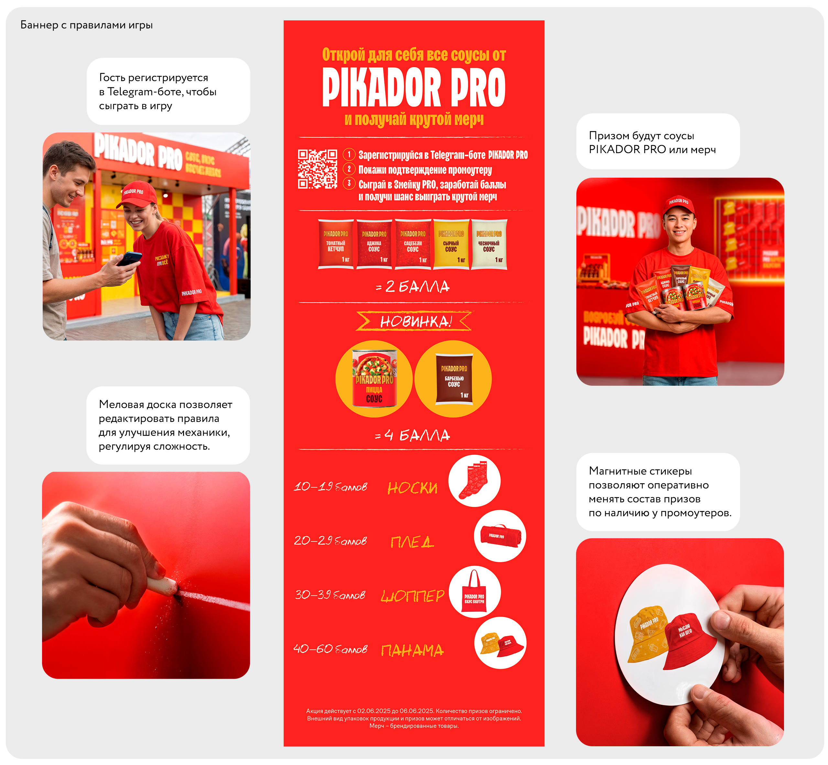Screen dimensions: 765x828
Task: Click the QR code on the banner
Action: point(317,169)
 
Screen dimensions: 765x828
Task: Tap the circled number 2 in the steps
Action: point(349,169)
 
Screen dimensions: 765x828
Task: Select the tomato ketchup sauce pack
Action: point(336,244)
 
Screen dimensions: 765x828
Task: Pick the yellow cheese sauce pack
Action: point(451,244)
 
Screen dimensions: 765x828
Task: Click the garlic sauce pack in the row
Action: point(489,244)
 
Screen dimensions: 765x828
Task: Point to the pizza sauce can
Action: point(374,378)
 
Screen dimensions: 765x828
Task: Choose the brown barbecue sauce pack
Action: point(454,378)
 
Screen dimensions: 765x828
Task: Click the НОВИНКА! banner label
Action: point(414,321)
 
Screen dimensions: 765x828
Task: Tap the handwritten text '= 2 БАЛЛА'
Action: point(413,287)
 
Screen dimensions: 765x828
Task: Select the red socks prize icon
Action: point(474,481)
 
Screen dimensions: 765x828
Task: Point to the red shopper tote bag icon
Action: point(474,592)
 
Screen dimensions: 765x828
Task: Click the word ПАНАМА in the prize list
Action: point(412,650)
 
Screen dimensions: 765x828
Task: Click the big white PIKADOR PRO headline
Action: point(414,87)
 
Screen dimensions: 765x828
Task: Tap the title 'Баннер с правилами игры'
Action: point(87,25)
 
